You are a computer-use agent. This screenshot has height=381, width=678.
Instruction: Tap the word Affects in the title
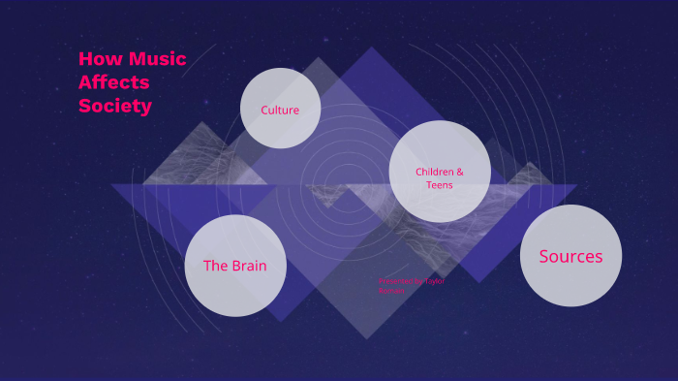(114, 82)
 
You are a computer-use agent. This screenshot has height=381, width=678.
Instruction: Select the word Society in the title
(115, 106)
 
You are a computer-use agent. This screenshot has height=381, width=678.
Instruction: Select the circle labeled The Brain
(235, 266)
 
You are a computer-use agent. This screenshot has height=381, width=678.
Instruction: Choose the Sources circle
(570, 256)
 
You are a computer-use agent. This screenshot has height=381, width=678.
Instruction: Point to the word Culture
(280, 110)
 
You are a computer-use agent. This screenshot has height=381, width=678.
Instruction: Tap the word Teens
(440, 185)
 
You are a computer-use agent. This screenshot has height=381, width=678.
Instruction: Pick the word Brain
(248, 266)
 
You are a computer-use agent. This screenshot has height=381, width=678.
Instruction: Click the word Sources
(570, 256)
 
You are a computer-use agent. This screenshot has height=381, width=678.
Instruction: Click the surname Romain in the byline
(392, 290)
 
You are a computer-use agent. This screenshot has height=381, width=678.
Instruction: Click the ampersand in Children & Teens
(459, 172)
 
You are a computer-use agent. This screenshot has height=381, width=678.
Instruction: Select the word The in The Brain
(214, 266)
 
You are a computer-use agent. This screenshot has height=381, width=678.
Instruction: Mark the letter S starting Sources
(544, 256)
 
